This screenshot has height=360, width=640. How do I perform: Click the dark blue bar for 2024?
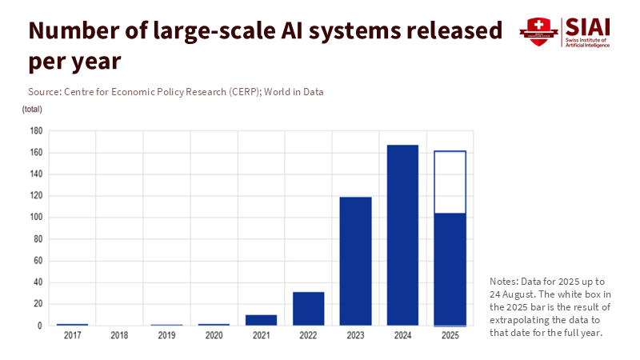403,235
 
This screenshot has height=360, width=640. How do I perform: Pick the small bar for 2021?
261,320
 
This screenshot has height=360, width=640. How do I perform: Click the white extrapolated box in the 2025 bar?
450,182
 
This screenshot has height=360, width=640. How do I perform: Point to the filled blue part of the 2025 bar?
450,269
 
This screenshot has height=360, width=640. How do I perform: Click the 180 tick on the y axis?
36,130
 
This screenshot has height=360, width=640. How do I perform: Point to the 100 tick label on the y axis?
36,218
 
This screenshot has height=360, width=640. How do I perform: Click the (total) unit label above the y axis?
32,109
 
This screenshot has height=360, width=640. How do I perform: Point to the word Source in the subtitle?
46,92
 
